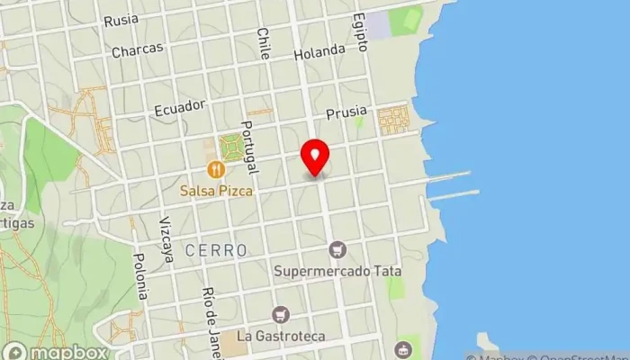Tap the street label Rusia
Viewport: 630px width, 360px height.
click(121, 20)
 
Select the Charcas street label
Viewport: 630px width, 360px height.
click(136, 51)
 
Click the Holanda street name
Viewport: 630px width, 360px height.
click(319, 51)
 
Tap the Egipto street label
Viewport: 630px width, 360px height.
click(361, 31)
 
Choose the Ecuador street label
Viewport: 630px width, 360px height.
click(180, 107)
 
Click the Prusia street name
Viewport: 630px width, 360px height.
click(347, 112)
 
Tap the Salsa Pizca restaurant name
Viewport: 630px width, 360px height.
click(215, 191)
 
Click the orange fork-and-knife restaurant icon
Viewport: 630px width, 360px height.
click(215, 168)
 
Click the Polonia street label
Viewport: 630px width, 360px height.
click(141, 275)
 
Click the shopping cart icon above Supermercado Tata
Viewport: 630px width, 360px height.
click(338, 248)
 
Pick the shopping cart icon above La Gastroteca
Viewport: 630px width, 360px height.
click(281, 314)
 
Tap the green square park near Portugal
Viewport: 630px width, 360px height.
click(232, 146)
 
